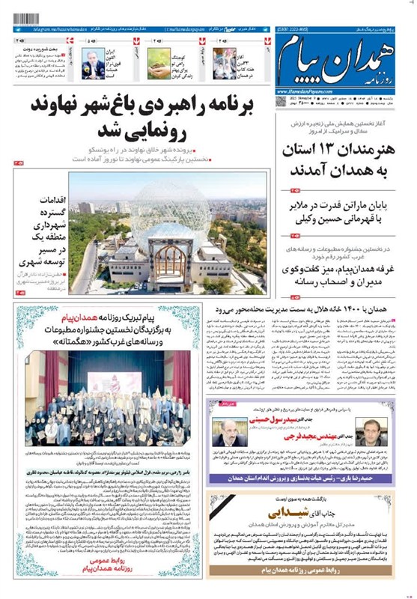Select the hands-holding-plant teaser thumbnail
(x=158, y=64)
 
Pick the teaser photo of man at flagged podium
(x=94, y=64)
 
